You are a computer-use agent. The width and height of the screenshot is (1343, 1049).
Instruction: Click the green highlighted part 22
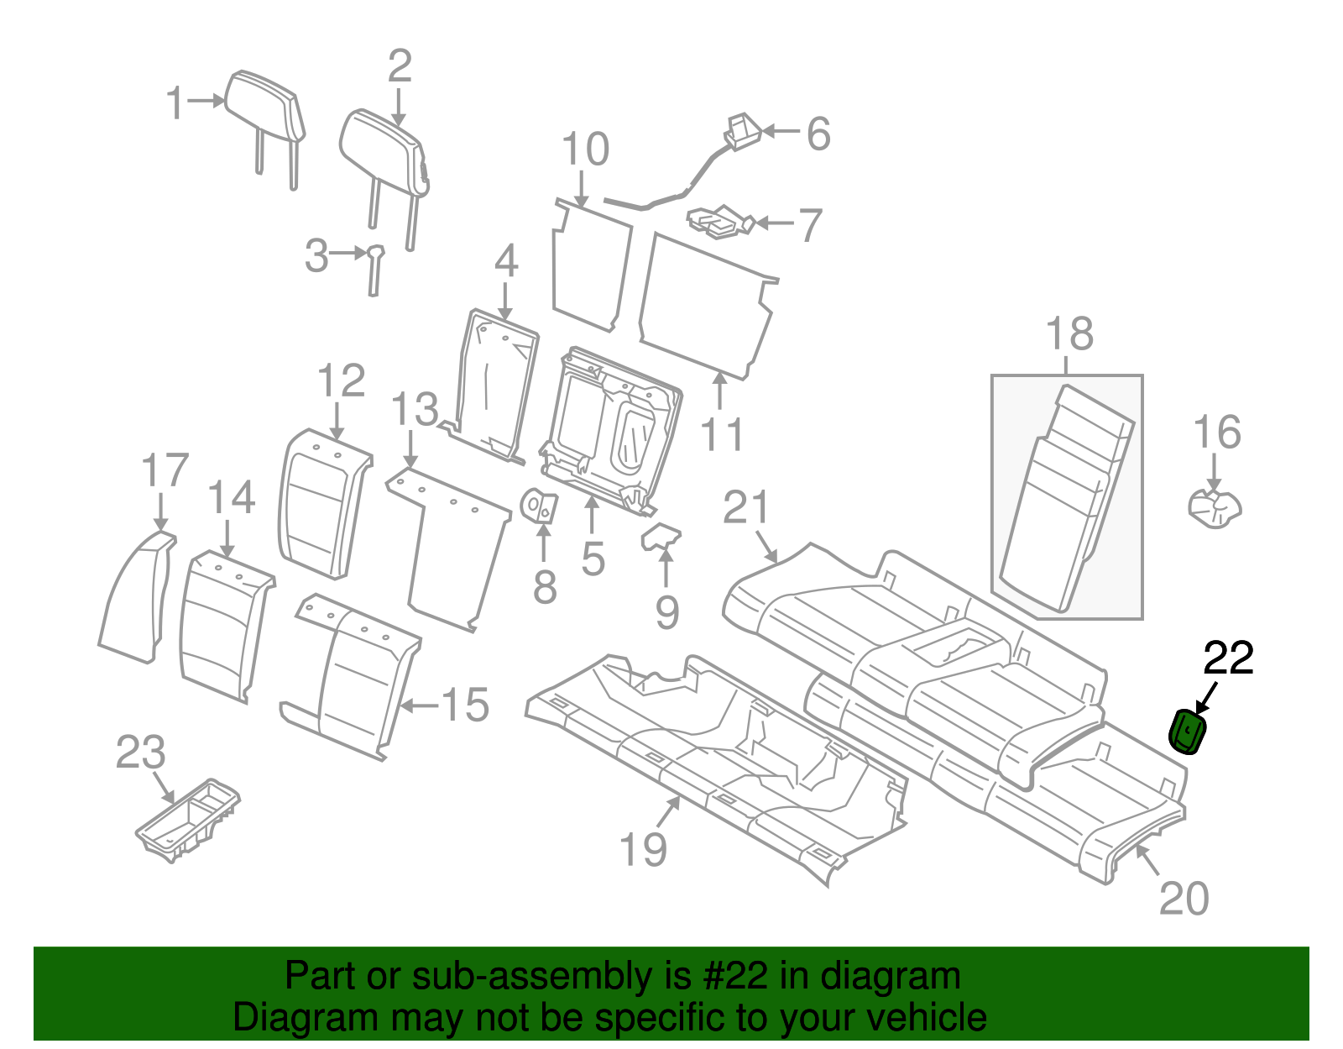coord(1189,732)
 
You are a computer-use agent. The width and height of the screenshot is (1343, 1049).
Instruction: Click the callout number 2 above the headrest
coord(400,66)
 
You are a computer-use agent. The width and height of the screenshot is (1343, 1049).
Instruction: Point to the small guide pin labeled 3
coord(374,269)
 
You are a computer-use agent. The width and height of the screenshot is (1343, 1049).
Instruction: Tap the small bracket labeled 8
coord(540,506)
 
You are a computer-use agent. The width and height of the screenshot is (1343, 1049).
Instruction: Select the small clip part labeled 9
coord(660,537)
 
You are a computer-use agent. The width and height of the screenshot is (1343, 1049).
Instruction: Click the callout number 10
coord(585,150)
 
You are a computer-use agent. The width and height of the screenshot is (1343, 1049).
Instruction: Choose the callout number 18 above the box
coord(1069,334)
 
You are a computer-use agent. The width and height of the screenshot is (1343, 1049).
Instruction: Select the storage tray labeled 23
coord(189,821)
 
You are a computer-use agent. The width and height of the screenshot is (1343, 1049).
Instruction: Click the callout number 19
coord(643,850)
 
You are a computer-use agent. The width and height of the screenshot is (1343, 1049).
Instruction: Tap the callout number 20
coord(1184,899)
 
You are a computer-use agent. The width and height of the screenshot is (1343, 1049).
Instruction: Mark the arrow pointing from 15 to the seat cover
coord(419,705)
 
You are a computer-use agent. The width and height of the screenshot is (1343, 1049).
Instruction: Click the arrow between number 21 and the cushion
coord(766,547)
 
